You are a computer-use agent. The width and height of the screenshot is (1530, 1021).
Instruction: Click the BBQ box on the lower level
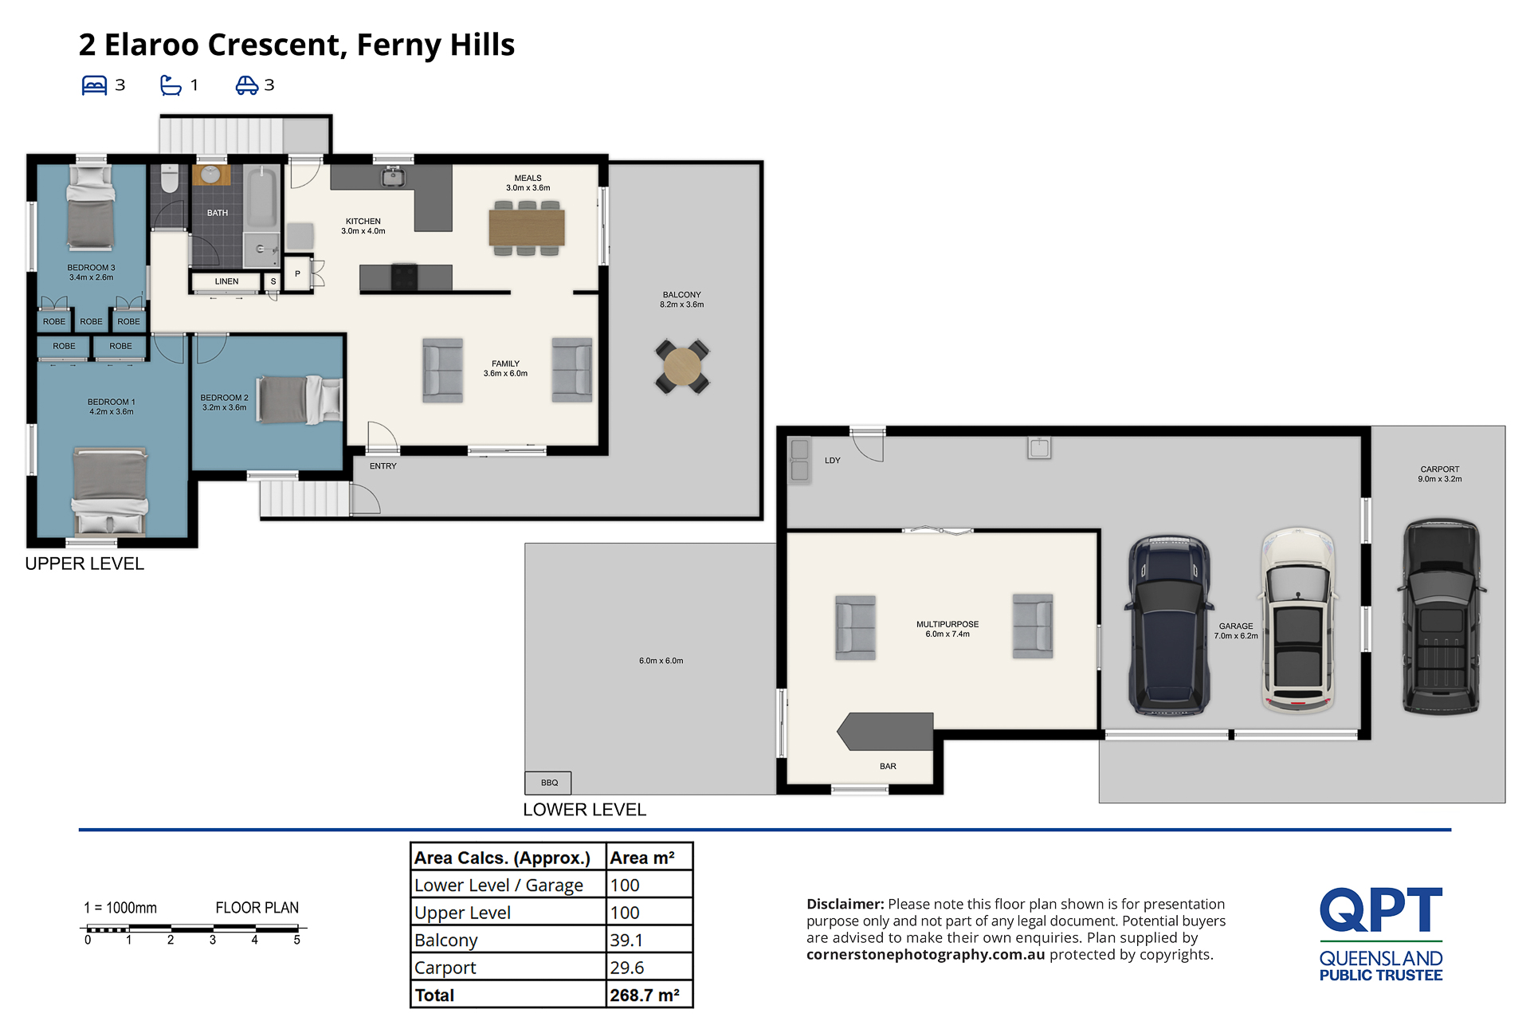[x=548, y=783]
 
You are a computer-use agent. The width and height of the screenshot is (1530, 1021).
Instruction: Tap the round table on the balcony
[x=682, y=367]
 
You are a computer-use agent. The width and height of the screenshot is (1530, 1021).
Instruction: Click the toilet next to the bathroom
[x=170, y=179]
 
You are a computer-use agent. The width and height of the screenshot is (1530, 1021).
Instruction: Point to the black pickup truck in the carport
[x=1441, y=616]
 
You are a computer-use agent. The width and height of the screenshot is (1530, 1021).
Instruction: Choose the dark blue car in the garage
[x=1169, y=625]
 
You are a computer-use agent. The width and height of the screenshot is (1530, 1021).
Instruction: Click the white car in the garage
[x=1298, y=620]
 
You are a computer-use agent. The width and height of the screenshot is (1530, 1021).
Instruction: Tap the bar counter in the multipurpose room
[x=885, y=732]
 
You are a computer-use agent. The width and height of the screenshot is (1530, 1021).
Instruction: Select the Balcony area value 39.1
[x=626, y=940]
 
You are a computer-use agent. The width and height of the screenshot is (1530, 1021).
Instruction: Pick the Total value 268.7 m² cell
[x=645, y=995]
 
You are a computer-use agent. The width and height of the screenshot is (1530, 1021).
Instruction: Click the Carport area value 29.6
[x=627, y=968]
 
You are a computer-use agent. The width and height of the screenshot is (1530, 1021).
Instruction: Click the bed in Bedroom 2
[x=300, y=399]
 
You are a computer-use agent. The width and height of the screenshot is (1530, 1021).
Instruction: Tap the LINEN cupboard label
[x=226, y=281]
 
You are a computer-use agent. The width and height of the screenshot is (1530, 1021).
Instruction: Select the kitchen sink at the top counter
[x=392, y=176]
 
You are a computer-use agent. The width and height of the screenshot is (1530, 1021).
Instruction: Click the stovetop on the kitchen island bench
[x=404, y=277]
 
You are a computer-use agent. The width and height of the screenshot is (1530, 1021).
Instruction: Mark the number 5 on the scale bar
[x=296, y=940]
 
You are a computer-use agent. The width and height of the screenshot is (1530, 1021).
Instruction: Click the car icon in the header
[x=246, y=85]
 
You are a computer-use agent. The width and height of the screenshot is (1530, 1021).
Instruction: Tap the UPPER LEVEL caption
[x=84, y=564]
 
